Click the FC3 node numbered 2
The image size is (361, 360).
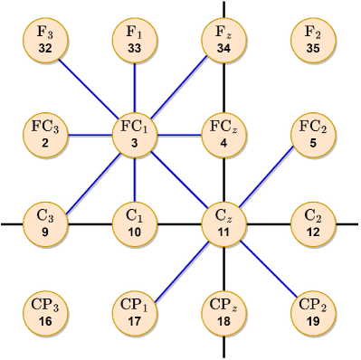tap(43, 134)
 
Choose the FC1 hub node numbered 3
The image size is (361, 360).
tap(134, 134)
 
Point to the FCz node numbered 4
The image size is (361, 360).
tap(223, 134)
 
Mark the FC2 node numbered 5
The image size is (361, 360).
tap(314, 134)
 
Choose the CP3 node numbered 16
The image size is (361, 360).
tap(43, 313)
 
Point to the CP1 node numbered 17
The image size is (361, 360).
tap(134, 313)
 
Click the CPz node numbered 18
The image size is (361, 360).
tap(223, 313)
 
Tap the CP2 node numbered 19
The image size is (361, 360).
tap(314, 313)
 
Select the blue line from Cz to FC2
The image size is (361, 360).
tap(269, 178)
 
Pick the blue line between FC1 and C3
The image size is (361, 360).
tap(89, 178)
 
